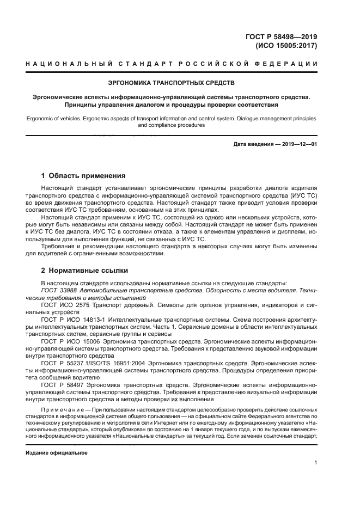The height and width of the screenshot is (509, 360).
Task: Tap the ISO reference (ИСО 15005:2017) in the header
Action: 286,46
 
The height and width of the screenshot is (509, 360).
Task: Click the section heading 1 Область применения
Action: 83,176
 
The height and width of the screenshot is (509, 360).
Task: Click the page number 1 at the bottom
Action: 315,463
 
